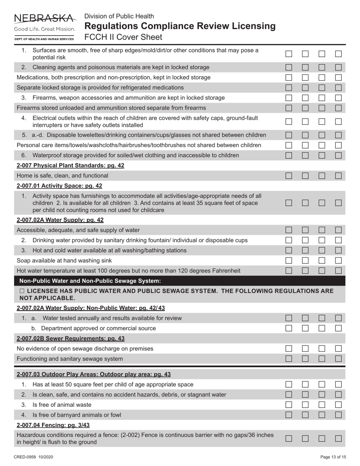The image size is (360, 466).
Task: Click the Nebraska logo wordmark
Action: pos(44,18)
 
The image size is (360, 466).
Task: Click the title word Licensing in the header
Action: pos(250,26)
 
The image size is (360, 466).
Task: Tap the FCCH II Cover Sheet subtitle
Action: pos(123,37)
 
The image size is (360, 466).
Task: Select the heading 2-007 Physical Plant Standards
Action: pos(70,166)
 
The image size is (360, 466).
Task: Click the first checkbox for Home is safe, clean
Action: pos(289,176)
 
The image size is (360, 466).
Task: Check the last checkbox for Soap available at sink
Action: pos(338,261)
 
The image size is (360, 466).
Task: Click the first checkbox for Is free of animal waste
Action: pos(289,405)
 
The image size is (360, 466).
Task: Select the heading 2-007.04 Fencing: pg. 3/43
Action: pos(53,425)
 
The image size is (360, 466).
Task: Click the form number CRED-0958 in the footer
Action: pos(33,457)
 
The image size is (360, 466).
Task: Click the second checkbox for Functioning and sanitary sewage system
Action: pos(305,358)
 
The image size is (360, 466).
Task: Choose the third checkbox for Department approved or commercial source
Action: pos(322,328)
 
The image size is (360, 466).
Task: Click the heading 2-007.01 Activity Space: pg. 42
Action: pos(59,186)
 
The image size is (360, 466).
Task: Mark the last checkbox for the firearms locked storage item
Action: pos(338,98)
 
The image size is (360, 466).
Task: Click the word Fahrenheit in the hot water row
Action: pos(225,271)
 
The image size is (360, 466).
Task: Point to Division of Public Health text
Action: pos(119,16)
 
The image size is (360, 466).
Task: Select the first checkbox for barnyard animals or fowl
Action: pos(289,415)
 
